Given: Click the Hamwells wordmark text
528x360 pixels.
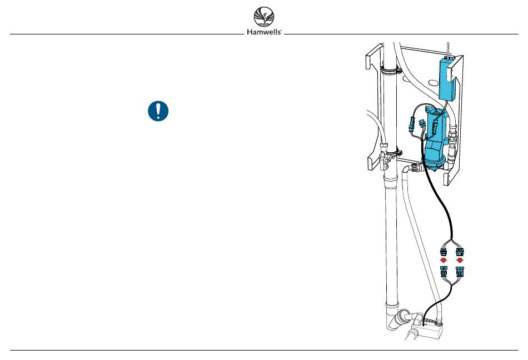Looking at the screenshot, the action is (x=264, y=32).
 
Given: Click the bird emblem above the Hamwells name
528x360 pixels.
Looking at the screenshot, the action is (x=264, y=17).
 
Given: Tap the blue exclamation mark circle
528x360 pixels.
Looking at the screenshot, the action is (x=158, y=111).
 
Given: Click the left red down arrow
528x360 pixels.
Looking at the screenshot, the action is (x=444, y=261).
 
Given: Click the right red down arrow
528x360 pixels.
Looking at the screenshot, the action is (x=460, y=261).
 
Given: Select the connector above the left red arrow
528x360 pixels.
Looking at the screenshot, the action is (x=444, y=252).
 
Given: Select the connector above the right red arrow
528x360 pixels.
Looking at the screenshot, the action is (x=460, y=252).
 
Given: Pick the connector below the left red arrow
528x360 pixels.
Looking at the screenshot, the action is (x=444, y=271).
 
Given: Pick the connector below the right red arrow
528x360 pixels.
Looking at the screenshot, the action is (x=460, y=271).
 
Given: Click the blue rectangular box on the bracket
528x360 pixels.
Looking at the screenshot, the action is (x=447, y=79).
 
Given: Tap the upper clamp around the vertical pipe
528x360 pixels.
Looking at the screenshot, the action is (x=390, y=71).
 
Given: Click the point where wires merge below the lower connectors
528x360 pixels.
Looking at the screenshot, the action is (x=451, y=284).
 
